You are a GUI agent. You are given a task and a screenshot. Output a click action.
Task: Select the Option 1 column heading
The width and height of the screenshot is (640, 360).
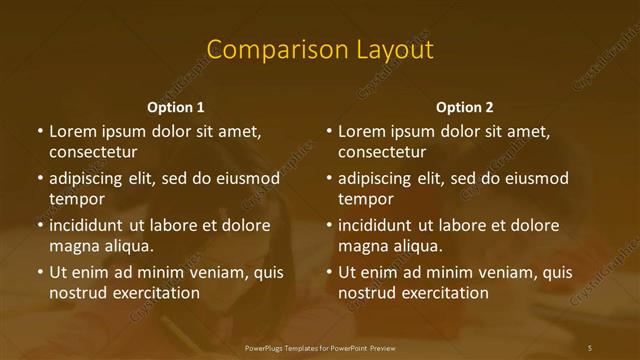pyautogui.click(x=176, y=107)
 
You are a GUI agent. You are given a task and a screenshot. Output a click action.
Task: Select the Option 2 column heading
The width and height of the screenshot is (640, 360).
pyautogui.click(x=465, y=107)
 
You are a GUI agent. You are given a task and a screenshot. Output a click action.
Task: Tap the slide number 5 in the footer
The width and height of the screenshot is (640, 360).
pyautogui.click(x=590, y=347)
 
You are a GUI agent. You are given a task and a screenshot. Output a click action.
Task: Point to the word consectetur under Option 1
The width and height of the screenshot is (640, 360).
pyautogui.click(x=93, y=152)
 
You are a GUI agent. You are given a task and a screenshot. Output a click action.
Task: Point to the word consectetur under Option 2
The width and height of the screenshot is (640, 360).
pyautogui.click(x=382, y=152)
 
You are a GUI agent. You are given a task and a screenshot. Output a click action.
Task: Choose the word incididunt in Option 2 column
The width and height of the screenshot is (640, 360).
pyautogui.click(x=376, y=226)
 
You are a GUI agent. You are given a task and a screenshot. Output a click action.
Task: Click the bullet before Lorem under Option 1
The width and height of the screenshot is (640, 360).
pyautogui.click(x=40, y=132)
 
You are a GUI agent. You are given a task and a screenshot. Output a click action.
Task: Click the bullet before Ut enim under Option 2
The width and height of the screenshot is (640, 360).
pyautogui.click(x=329, y=273)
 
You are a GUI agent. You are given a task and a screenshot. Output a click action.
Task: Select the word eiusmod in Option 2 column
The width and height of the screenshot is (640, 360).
pyautogui.click(x=536, y=179)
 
